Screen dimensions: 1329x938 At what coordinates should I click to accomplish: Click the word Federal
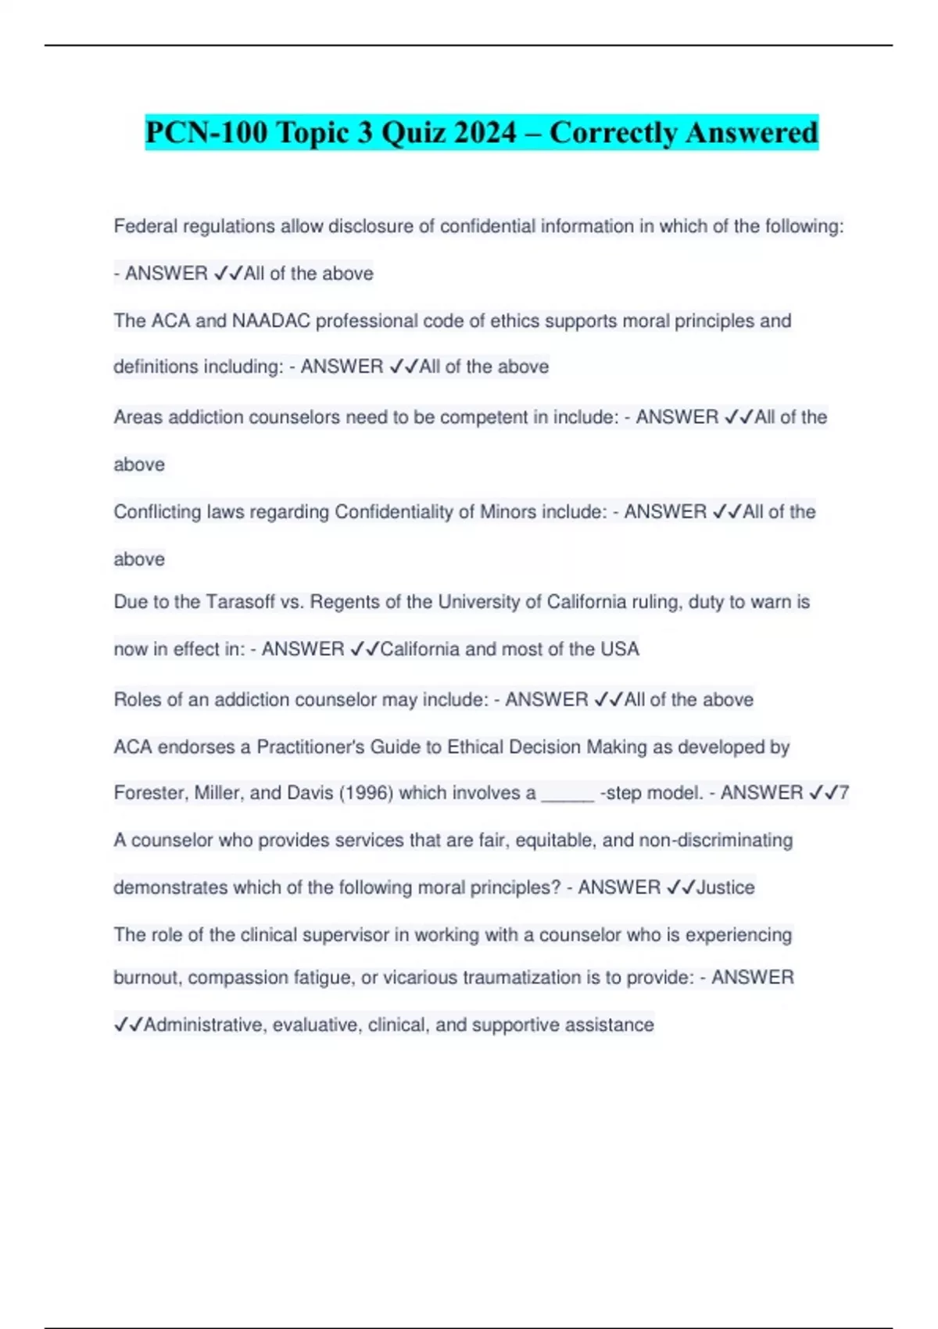pyautogui.click(x=145, y=227)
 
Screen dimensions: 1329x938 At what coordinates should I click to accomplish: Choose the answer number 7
pyautogui.click(x=843, y=793)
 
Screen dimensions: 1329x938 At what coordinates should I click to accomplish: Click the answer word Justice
pyautogui.click(x=725, y=887)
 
